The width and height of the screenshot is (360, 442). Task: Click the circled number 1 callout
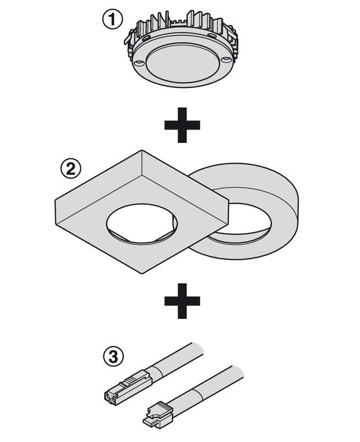coord(112,20)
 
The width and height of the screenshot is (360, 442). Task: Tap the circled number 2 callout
coord(71,169)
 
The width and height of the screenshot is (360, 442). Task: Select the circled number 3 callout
coord(113,356)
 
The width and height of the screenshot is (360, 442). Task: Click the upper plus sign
coord(182,125)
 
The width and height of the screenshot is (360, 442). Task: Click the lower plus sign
coord(182,301)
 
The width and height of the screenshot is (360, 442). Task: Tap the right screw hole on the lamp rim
coord(226,60)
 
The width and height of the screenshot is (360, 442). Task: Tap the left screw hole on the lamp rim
coord(138,63)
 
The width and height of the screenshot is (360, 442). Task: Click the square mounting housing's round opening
coord(142,223)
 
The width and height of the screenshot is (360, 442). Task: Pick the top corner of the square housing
coord(142,151)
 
